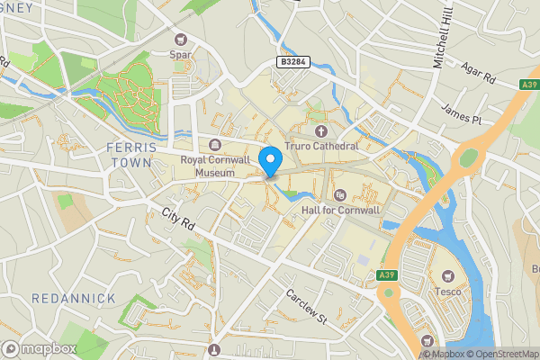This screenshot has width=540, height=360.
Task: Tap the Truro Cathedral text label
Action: [321, 146]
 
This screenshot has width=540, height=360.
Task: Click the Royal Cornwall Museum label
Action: [214, 166]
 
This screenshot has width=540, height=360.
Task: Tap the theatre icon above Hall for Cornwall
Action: [339, 194]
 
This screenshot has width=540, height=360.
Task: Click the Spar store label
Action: [182, 55]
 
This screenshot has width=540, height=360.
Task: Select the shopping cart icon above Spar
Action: [181, 39]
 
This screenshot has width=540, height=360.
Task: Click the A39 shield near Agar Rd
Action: [529, 85]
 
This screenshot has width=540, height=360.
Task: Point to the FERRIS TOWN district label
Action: [131, 155]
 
